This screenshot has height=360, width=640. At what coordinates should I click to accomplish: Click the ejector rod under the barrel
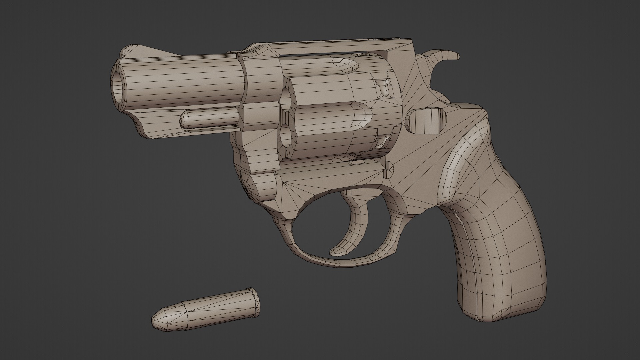210,118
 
